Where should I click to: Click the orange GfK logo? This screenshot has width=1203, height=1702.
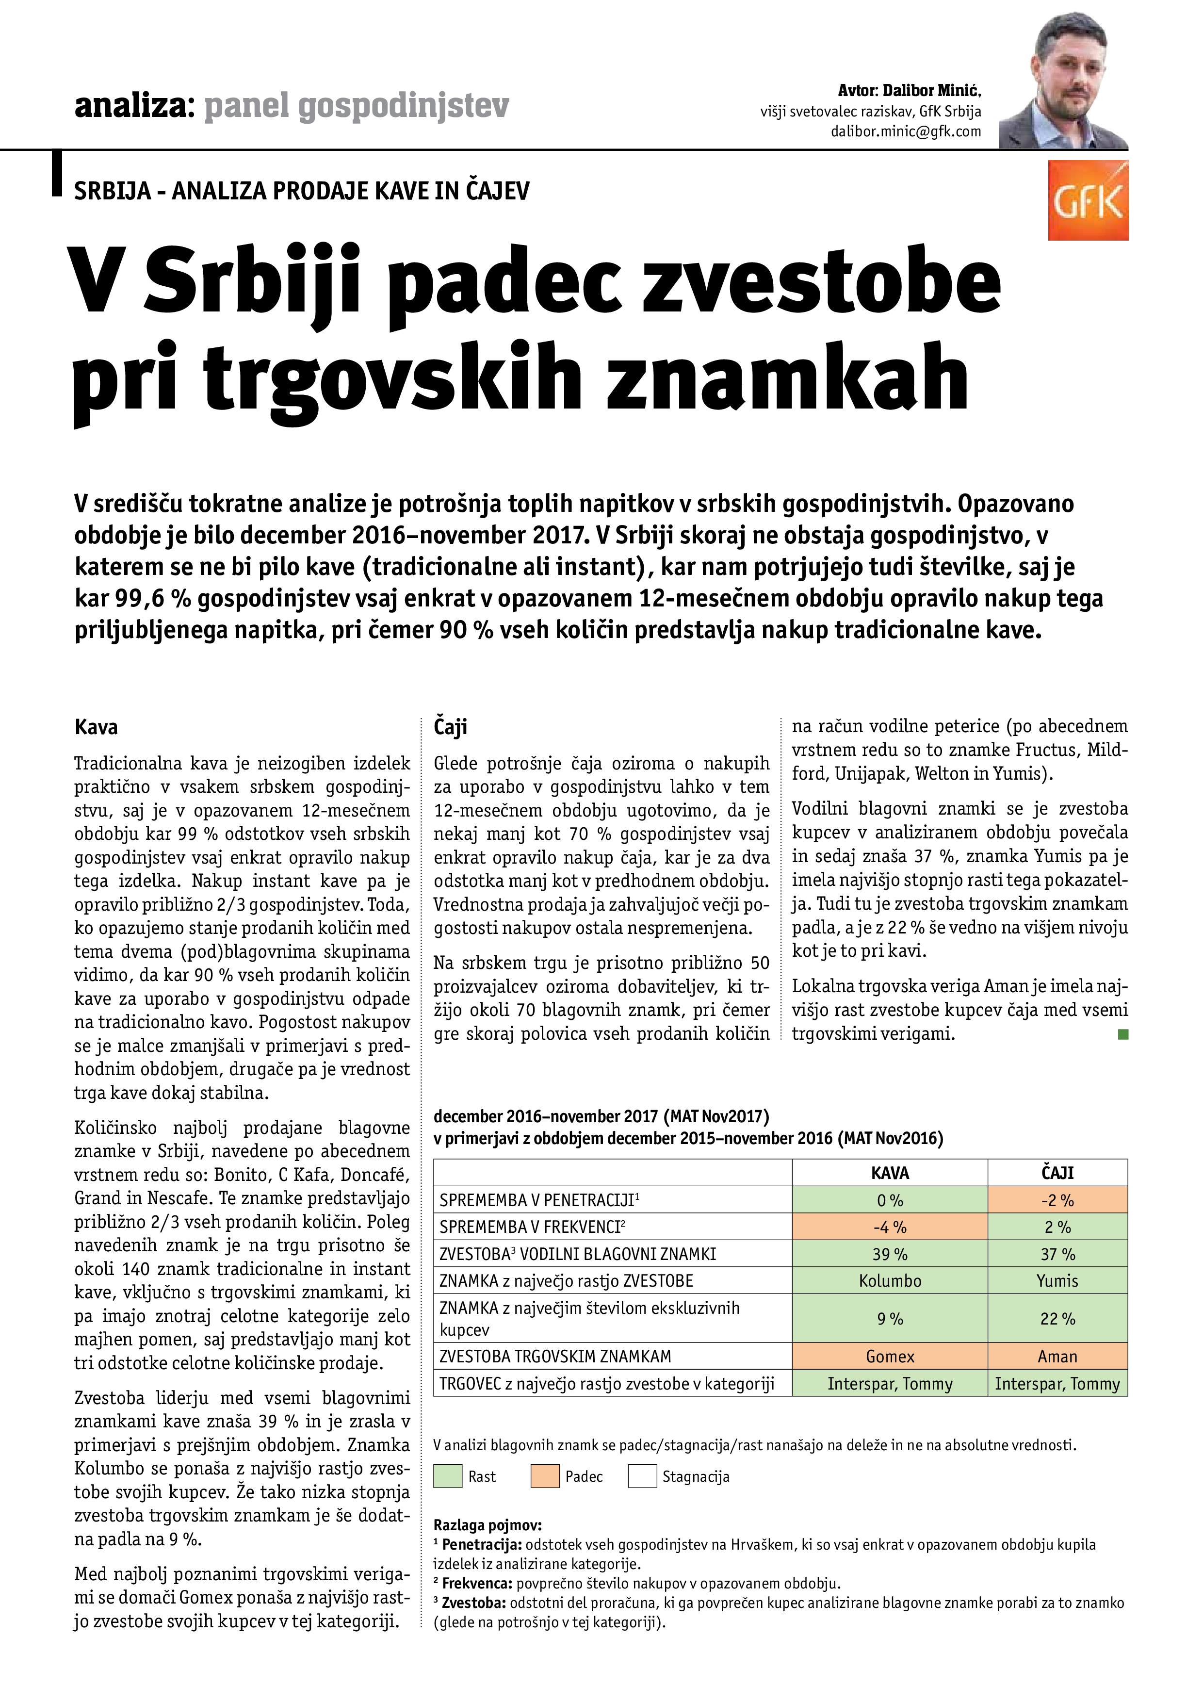[1088, 201]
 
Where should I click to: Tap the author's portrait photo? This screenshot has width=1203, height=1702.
[1064, 82]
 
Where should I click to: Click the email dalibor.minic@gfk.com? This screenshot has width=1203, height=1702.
[905, 131]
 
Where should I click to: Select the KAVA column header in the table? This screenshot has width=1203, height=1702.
[890, 1173]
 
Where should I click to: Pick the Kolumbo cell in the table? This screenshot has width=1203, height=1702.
[890, 1280]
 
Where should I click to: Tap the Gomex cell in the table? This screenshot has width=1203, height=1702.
[890, 1357]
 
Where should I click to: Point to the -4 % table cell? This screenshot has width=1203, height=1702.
[890, 1227]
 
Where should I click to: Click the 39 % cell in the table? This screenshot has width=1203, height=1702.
[890, 1254]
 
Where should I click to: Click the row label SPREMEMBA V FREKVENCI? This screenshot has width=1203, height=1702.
[531, 1227]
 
